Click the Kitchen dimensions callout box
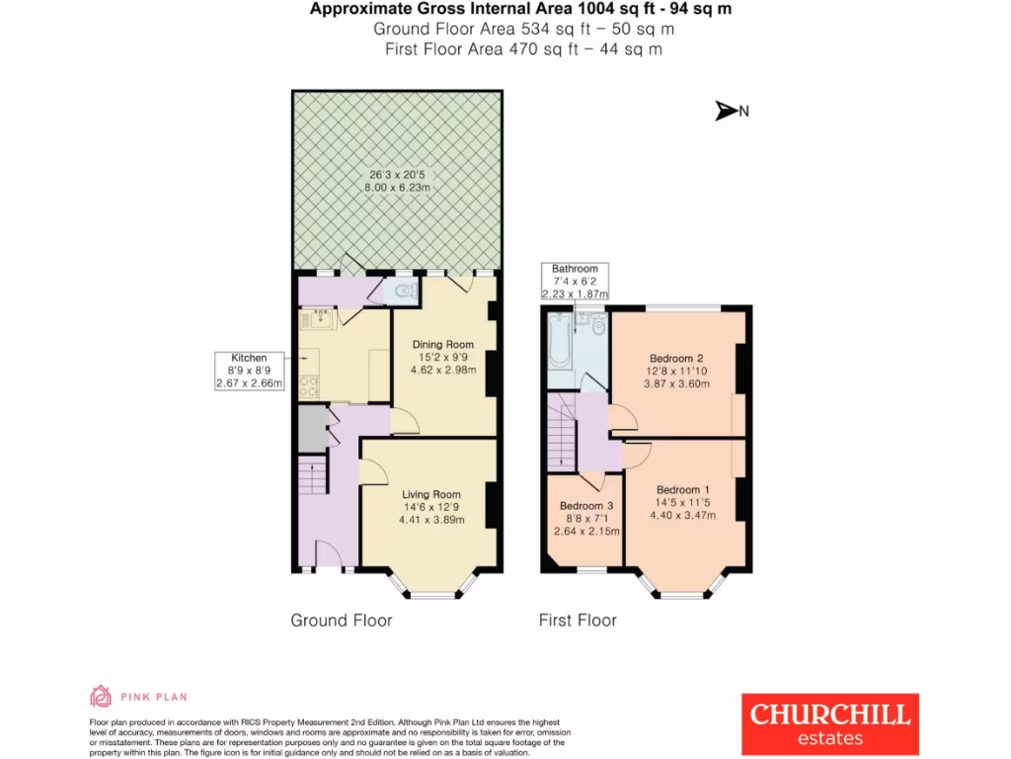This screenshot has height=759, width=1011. coord(249,371)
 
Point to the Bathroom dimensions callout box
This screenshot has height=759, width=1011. coord(575,281)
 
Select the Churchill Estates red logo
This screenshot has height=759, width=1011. coord(830,723)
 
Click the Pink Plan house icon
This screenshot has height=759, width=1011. coord(101,697)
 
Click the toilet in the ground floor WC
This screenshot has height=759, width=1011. coord(403,291)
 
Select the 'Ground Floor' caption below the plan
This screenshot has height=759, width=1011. coord(341,621)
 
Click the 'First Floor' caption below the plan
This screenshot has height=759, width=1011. coord(578,621)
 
